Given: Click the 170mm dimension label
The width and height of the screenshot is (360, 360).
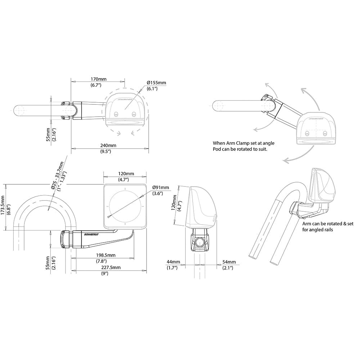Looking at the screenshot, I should point(99,79).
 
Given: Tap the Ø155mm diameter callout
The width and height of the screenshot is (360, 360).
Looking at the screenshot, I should point(156,83).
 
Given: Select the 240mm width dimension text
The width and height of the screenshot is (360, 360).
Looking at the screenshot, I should point(108,145).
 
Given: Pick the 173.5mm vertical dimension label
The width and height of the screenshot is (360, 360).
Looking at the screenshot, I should point(4,208).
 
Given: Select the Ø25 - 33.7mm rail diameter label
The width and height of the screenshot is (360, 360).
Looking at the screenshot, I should point(57,176).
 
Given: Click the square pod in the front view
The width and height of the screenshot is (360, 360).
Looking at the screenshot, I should point(125,206).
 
